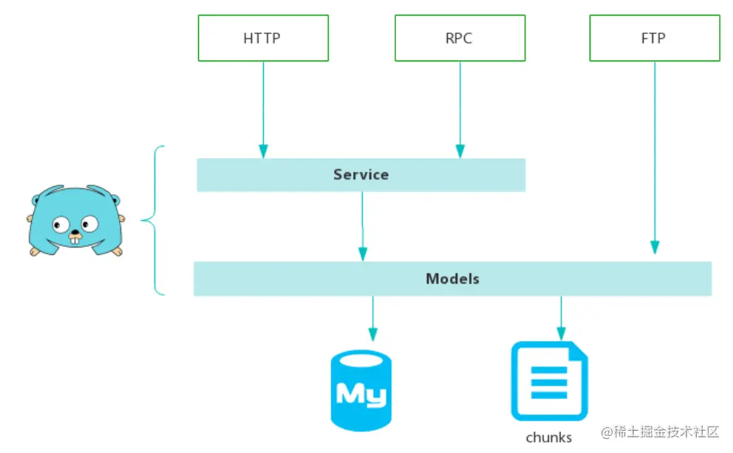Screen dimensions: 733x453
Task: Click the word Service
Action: (361, 174)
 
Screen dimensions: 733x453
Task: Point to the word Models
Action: (452, 279)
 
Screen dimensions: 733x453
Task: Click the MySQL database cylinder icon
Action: (361, 390)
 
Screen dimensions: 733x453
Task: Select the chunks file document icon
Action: (549, 381)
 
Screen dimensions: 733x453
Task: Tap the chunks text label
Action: (549, 437)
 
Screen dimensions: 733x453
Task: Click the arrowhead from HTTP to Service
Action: (263, 151)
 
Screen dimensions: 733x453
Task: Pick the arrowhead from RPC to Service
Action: (460, 151)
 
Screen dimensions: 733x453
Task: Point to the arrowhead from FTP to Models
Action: (655, 248)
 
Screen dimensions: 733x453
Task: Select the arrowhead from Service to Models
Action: (363, 254)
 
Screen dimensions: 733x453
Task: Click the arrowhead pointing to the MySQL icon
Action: (373, 334)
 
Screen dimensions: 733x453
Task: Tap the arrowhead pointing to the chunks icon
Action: (562, 334)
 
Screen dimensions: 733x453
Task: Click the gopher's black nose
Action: (75, 231)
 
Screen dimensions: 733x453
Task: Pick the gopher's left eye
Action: (61, 225)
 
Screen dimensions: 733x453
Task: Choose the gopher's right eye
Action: (89, 224)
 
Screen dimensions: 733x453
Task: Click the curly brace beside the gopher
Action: (154, 220)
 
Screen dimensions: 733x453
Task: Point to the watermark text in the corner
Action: (660, 432)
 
